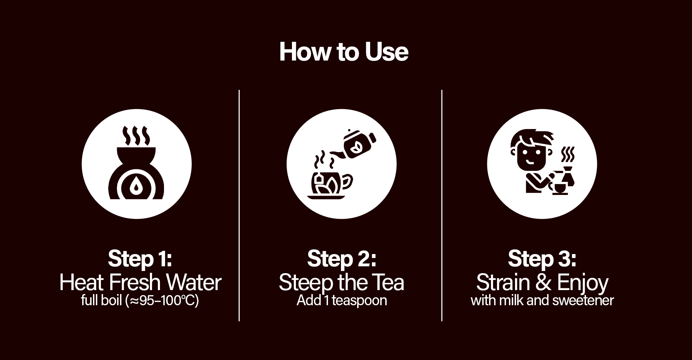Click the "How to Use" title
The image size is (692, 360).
click(344, 52)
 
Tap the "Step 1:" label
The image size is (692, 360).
click(140, 259)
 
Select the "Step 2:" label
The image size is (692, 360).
click(342, 259)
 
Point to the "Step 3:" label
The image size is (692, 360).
click(542, 259)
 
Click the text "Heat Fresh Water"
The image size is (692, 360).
click(140, 282)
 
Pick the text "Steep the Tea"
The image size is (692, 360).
click(341, 283)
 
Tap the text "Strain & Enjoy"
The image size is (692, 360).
click(542, 283)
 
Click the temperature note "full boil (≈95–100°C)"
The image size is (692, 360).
click(140, 301)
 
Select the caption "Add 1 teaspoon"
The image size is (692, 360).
click(342, 301)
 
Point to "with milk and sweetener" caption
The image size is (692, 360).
click(542, 300)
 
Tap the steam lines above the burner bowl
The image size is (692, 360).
click(136, 135)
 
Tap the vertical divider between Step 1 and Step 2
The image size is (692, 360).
click(239, 205)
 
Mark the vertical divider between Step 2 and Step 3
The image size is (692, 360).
click(442, 205)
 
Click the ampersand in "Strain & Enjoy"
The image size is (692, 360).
click(543, 283)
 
